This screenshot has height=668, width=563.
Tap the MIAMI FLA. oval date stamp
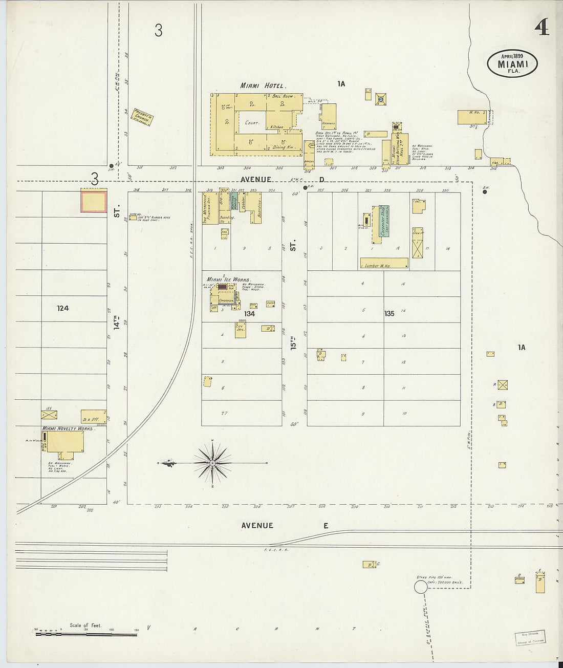512,64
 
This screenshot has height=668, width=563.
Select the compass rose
212,463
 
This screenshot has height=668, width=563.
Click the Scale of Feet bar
86,634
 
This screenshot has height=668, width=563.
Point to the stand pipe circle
420,587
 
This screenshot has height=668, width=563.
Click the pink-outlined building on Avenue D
93,200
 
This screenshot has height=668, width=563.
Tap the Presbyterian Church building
143,116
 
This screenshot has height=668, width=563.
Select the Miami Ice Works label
228,279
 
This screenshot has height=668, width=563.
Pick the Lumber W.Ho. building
384,264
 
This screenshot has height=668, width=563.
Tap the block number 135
389,313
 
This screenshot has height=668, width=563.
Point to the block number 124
63,308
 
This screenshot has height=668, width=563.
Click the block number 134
249,313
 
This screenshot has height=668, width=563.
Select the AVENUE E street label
284,525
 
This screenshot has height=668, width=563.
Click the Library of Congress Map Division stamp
530,638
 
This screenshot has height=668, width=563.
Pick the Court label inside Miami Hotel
252,123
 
